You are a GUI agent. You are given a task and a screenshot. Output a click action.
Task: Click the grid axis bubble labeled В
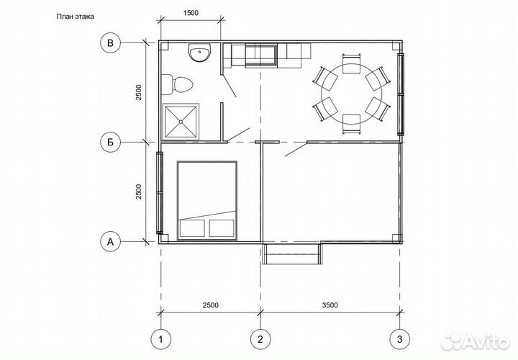(x=110, y=43)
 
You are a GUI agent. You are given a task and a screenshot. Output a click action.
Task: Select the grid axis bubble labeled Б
(x=110, y=142)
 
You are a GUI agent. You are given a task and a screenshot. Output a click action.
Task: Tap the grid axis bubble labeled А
(x=110, y=242)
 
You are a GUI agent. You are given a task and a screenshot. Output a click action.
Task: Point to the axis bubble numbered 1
(x=161, y=339)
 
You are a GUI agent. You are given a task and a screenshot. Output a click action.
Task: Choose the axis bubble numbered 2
(x=260, y=339)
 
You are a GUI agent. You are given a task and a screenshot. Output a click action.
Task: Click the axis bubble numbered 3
(x=400, y=339)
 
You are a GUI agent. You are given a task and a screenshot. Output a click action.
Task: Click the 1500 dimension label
(x=191, y=13)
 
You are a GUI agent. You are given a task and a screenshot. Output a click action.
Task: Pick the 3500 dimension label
(x=330, y=305)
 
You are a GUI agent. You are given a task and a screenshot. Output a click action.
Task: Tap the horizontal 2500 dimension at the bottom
(x=210, y=305)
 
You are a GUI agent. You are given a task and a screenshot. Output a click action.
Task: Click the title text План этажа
(x=76, y=17)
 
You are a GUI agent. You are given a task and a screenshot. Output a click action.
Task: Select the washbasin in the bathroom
(x=199, y=53)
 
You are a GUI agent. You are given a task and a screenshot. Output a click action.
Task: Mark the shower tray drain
(x=181, y=122)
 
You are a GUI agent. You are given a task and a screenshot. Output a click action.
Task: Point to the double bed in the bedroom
(x=207, y=200)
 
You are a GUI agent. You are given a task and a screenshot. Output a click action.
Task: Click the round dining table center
(x=352, y=94)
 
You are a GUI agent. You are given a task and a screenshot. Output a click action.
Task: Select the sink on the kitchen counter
(x=260, y=57)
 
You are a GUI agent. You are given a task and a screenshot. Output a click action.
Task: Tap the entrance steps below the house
(x=292, y=254)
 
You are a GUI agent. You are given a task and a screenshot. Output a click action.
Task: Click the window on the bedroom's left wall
(x=160, y=193)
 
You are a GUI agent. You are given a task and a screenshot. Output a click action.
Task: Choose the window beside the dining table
(x=401, y=94)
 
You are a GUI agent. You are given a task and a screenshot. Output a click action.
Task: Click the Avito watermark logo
(x=476, y=342)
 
